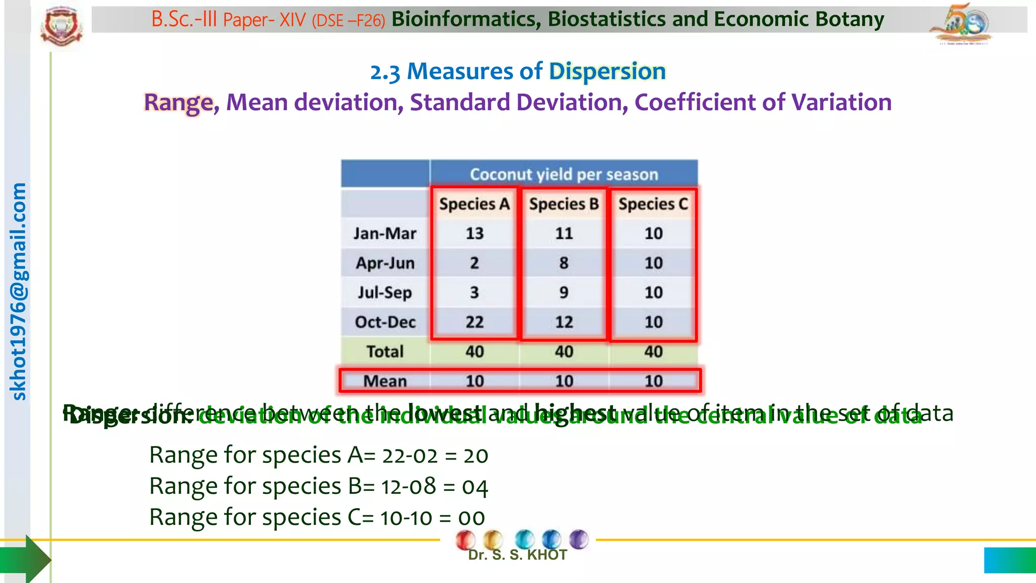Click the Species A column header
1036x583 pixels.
click(x=474, y=204)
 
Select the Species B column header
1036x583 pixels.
click(x=564, y=204)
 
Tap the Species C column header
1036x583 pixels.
click(x=653, y=204)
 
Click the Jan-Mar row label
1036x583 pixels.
click(x=385, y=233)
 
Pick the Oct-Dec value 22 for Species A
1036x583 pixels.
click(x=474, y=322)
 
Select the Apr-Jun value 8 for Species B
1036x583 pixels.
click(x=564, y=263)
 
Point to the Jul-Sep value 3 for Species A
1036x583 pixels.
click(x=474, y=293)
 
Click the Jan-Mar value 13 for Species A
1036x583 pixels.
click(x=474, y=233)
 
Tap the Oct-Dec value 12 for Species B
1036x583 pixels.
click(x=564, y=322)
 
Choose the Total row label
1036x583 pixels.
click(x=385, y=351)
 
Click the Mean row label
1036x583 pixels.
click(x=385, y=381)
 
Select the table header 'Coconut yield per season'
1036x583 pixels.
click(x=564, y=174)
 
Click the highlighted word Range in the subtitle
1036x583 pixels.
click(x=179, y=102)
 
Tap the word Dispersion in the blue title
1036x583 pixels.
click(x=607, y=71)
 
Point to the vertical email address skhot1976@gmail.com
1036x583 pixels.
click(x=18, y=291)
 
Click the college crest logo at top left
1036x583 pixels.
click(x=62, y=26)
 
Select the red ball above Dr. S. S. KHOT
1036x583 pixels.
click(x=465, y=539)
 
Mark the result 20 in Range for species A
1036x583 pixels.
click(x=476, y=455)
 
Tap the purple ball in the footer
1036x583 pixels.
click(x=579, y=539)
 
